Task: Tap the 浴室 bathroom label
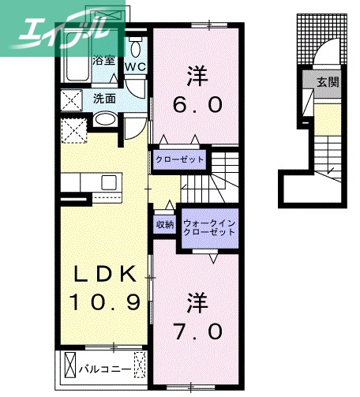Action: pos(104,60)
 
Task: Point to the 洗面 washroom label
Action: pos(104,99)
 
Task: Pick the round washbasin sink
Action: pos(104,121)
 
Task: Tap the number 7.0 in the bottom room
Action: pos(196,332)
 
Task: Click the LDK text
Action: pos(103,274)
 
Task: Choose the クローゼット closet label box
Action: pos(180,159)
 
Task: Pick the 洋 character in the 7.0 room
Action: pos(197,301)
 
